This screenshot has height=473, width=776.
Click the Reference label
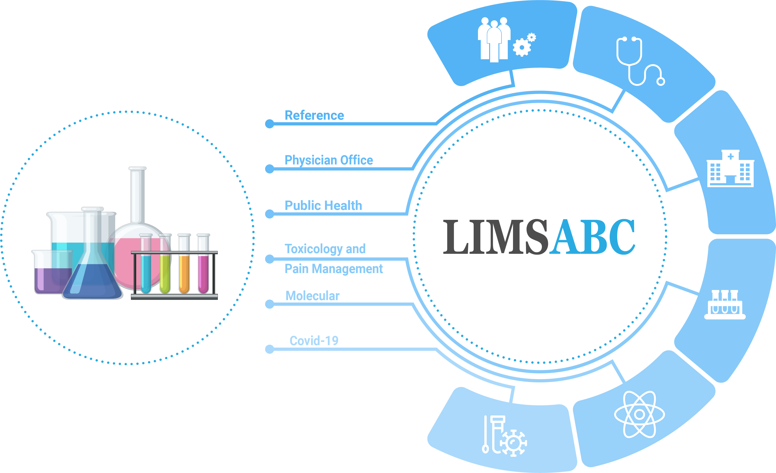[x=314, y=115]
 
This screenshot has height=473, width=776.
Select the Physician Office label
[x=329, y=160]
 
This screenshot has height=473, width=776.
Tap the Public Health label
[x=323, y=206]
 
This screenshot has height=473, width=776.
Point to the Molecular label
[x=312, y=296]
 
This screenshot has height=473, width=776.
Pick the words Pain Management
[x=333, y=269]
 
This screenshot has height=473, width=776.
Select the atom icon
[x=639, y=414]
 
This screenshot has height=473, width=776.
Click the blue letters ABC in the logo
[x=592, y=237]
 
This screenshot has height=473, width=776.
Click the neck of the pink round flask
[x=137, y=195]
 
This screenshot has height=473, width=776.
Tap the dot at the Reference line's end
[x=269, y=124]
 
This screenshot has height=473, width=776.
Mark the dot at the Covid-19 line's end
[x=269, y=349]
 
